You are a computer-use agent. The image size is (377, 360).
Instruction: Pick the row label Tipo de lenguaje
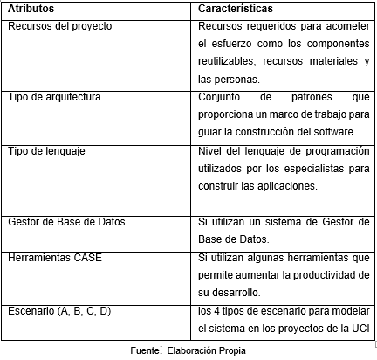45,150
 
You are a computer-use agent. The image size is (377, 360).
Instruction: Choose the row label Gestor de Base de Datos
65,221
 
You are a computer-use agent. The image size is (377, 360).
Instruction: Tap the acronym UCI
361,328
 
